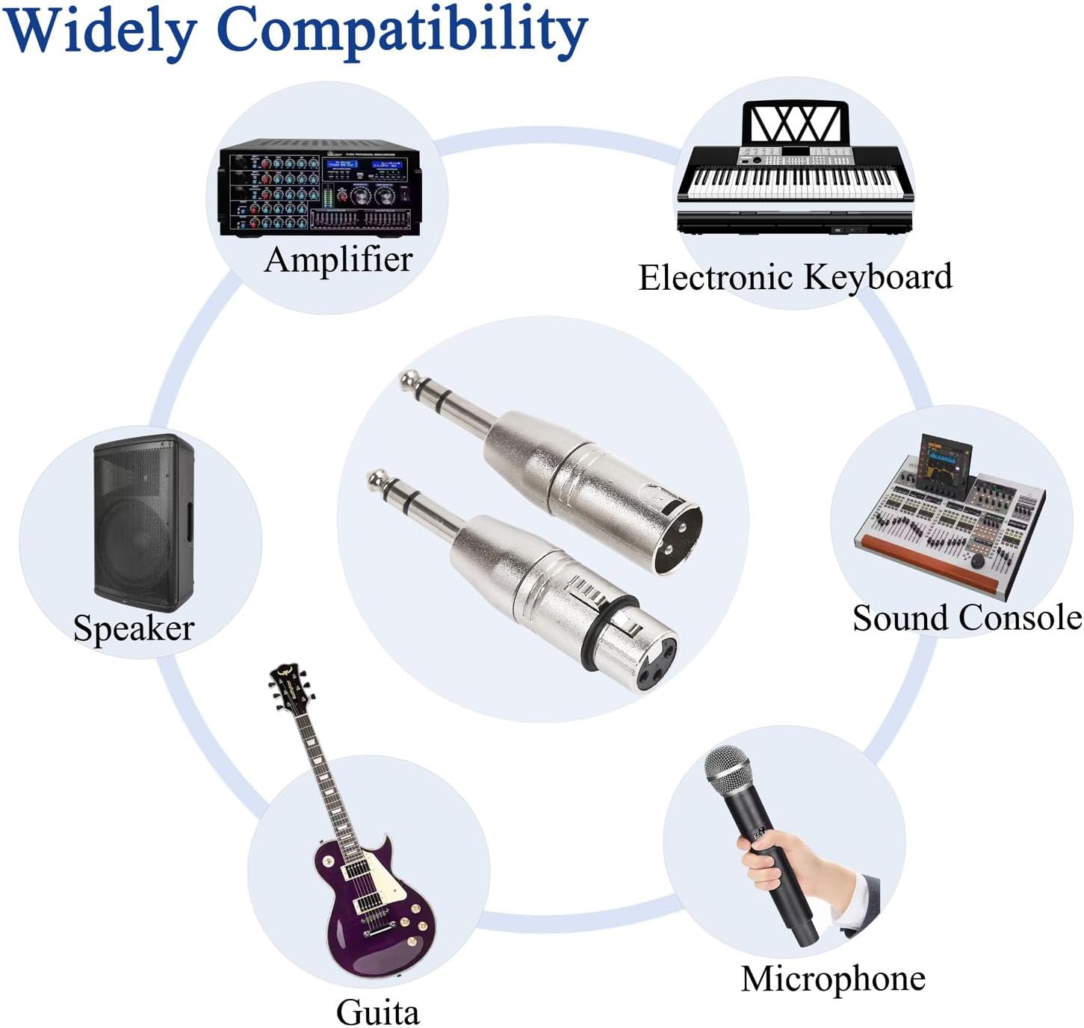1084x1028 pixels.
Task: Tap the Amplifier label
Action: pyautogui.click(x=338, y=260)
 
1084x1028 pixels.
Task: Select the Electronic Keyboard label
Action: pyautogui.click(x=795, y=277)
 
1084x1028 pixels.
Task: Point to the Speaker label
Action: pyautogui.click(x=134, y=628)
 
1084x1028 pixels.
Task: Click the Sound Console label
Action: pyautogui.click(x=967, y=619)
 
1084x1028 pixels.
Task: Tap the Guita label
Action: pyautogui.click(x=377, y=1012)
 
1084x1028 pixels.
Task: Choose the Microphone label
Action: pyautogui.click(x=833, y=979)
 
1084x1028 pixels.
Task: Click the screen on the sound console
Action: pyautogui.click(x=944, y=462)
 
